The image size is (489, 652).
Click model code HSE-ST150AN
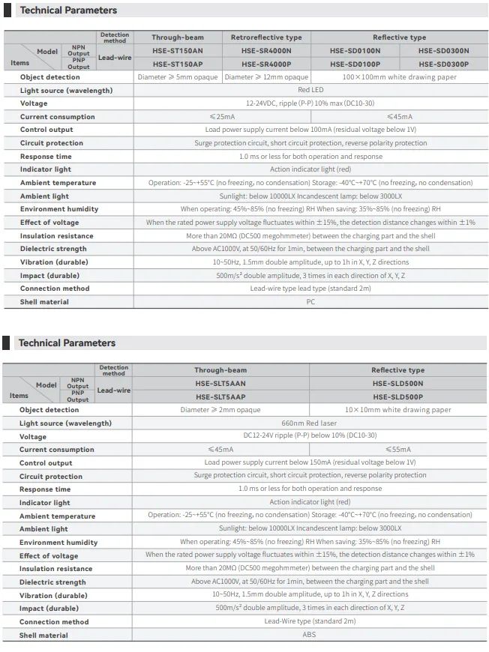coord(177,51)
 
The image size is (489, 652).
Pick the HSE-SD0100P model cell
coord(355,64)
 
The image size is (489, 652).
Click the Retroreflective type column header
coord(266,37)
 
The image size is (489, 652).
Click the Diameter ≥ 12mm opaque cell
coord(266,77)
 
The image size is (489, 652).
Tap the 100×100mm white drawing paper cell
coord(398,77)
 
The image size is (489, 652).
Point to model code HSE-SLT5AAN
coord(220,384)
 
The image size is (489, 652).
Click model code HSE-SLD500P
coord(397,397)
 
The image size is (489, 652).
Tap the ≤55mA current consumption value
coord(398,450)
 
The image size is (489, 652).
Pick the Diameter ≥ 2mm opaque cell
coord(220,410)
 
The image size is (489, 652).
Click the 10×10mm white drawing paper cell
coord(398,410)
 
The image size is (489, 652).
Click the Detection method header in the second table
coord(114,371)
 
